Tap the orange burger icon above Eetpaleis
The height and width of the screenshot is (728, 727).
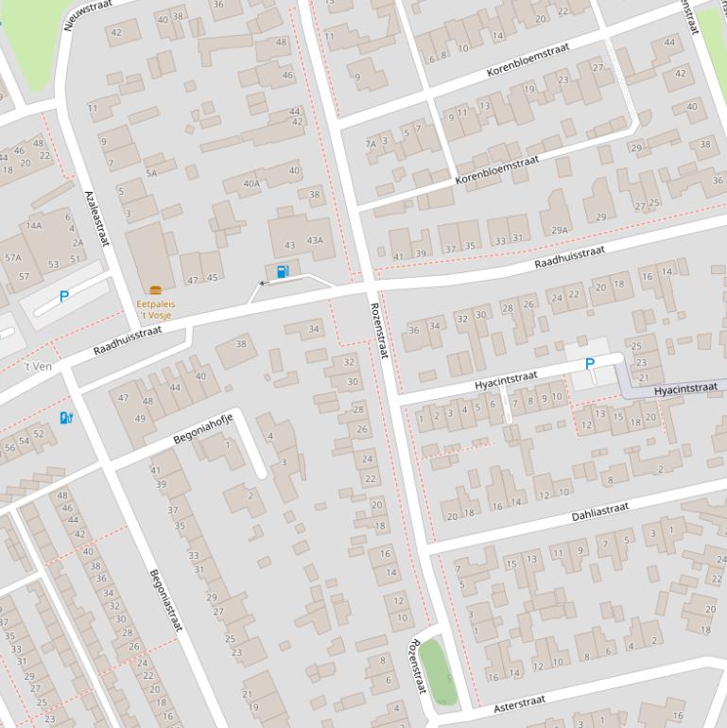tap(155, 289)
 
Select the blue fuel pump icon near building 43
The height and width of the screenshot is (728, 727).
tap(282, 272)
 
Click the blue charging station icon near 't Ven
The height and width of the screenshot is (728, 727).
tap(65, 417)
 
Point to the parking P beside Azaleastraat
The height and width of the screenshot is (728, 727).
tap(64, 296)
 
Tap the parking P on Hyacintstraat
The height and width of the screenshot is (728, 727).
tap(590, 364)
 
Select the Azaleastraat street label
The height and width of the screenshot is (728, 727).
tap(96, 217)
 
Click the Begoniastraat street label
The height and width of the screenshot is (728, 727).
tap(164, 605)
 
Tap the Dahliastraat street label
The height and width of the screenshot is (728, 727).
tap(599, 511)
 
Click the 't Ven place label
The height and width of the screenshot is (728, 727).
tap(38, 366)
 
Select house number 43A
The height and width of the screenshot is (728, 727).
tap(314, 240)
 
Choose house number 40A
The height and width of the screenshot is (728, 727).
tap(251, 184)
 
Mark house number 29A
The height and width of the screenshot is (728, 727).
tap(559, 230)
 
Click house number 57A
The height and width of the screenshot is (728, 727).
tap(12, 257)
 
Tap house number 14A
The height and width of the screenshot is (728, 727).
tap(34, 225)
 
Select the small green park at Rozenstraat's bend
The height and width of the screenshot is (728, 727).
tap(439, 670)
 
